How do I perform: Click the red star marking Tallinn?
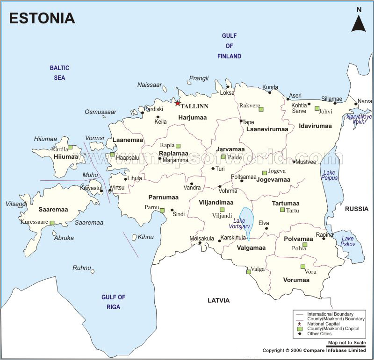pyautogui.click(x=177, y=103)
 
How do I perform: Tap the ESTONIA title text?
pyautogui.click(x=42, y=18)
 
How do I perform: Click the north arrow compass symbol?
pyautogui.click(x=358, y=21)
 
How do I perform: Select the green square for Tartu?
pyautogui.click(x=282, y=210)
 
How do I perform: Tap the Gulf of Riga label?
pyautogui.click(x=114, y=302)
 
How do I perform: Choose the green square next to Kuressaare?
pyautogui.click(x=52, y=223)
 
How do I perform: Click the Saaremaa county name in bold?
pyautogui.click(x=53, y=210)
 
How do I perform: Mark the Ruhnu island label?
pyautogui.click(x=81, y=268)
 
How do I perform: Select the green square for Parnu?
pyautogui.click(x=162, y=211)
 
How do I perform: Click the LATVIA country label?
pyautogui.click(x=218, y=300)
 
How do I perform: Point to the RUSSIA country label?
pyautogui.click(x=357, y=209)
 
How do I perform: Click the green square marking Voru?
pyautogui.click(x=302, y=267)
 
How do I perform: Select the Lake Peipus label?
pyautogui.click(x=330, y=175)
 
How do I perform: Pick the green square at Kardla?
pyautogui.click(x=70, y=147)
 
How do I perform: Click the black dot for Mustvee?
pyautogui.click(x=294, y=162)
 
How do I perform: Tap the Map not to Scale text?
pyautogui.click(x=346, y=343)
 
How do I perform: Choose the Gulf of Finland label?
pyautogui.click(x=229, y=46)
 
